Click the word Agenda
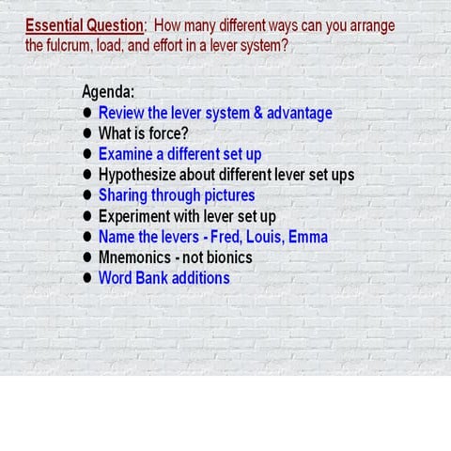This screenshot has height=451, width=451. click(108, 92)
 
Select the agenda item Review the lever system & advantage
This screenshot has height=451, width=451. click(215, 113)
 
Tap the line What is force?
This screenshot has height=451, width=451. click(143, 133)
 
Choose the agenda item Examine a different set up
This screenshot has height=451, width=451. click(179, 154)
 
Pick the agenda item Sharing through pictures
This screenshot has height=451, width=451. click(177, 195)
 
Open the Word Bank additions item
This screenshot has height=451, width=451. click(163, 278)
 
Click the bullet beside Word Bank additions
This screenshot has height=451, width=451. click(87, 278)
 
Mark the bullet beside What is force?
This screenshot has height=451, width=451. click(87, 133)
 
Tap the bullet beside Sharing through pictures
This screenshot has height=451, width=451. click(87, 195)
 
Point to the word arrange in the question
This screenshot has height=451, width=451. click(368, 25)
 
